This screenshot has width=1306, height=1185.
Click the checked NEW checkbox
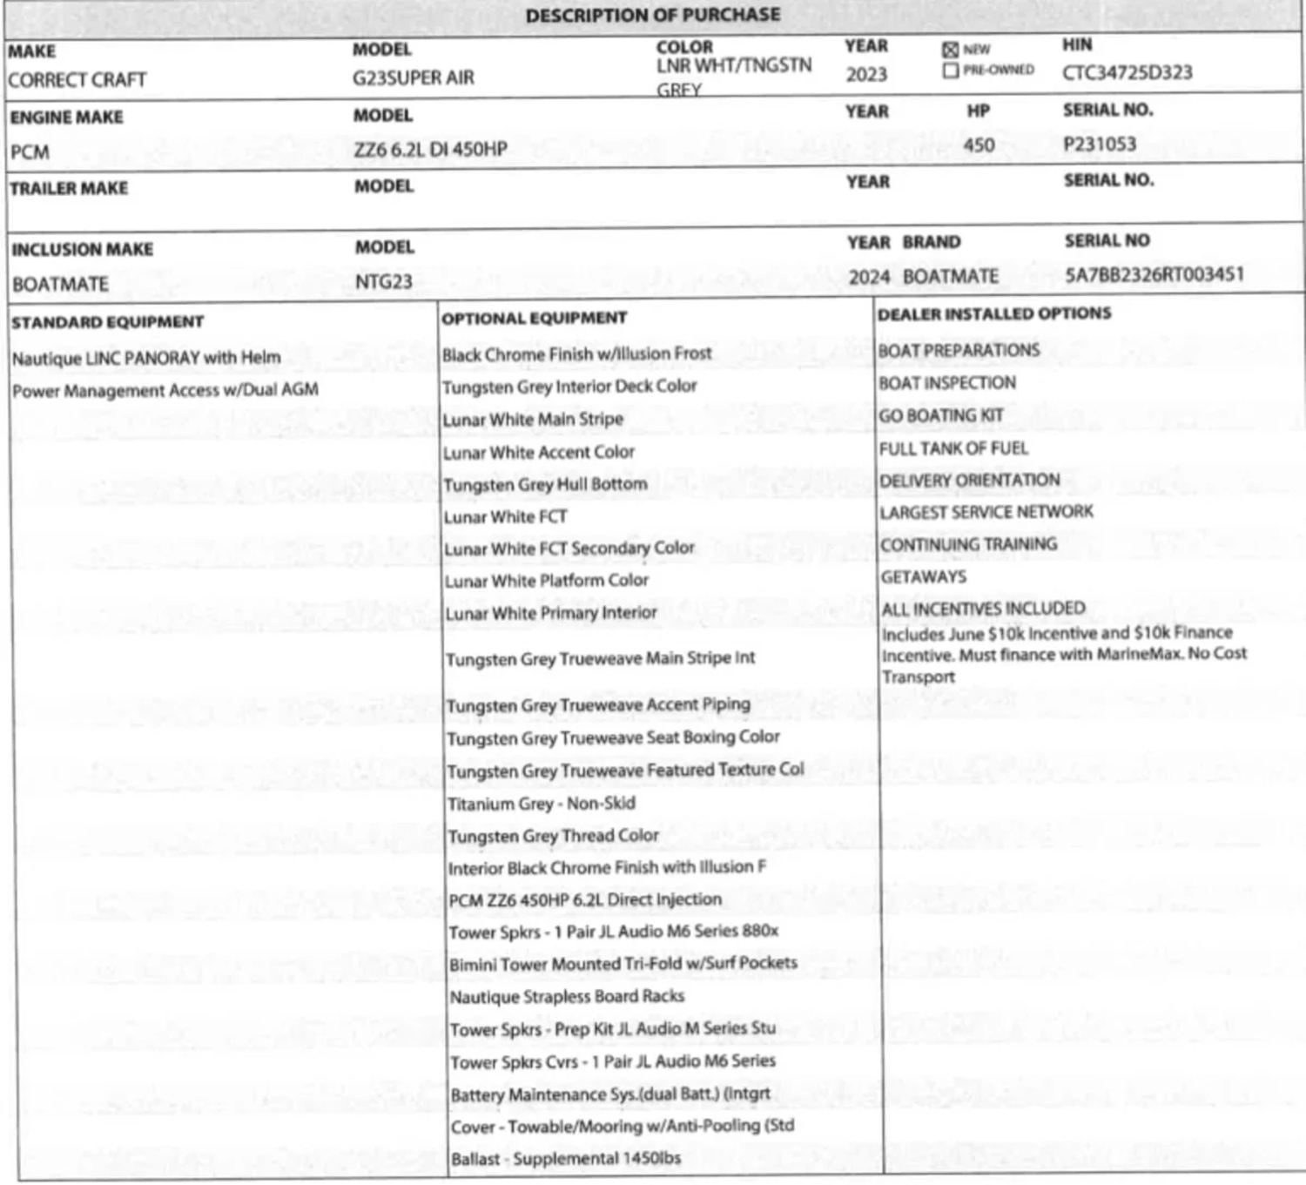950,50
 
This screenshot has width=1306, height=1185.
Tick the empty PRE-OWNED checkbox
950,71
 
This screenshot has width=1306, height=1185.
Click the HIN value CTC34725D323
1127,73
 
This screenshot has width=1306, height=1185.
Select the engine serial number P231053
1100,144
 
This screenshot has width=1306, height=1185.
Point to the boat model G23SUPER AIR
414,78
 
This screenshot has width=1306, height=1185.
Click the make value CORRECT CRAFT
77,80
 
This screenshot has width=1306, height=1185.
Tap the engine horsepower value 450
979,145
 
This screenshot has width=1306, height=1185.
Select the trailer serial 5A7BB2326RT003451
1155,275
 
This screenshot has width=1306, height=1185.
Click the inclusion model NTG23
383,282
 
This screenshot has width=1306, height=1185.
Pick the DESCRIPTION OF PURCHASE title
653,15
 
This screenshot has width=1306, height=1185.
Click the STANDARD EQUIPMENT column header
107,322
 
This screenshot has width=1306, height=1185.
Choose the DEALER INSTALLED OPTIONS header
994,313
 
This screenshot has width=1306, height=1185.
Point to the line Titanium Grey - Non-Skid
541,804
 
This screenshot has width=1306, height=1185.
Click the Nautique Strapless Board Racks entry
567,997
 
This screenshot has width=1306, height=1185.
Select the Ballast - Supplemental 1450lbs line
566,1159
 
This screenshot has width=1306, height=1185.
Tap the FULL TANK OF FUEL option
953,448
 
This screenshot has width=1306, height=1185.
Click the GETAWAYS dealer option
923,576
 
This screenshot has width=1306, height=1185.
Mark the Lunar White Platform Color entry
547,581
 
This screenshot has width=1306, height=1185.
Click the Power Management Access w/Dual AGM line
165,390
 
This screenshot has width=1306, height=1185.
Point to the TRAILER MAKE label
69,188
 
